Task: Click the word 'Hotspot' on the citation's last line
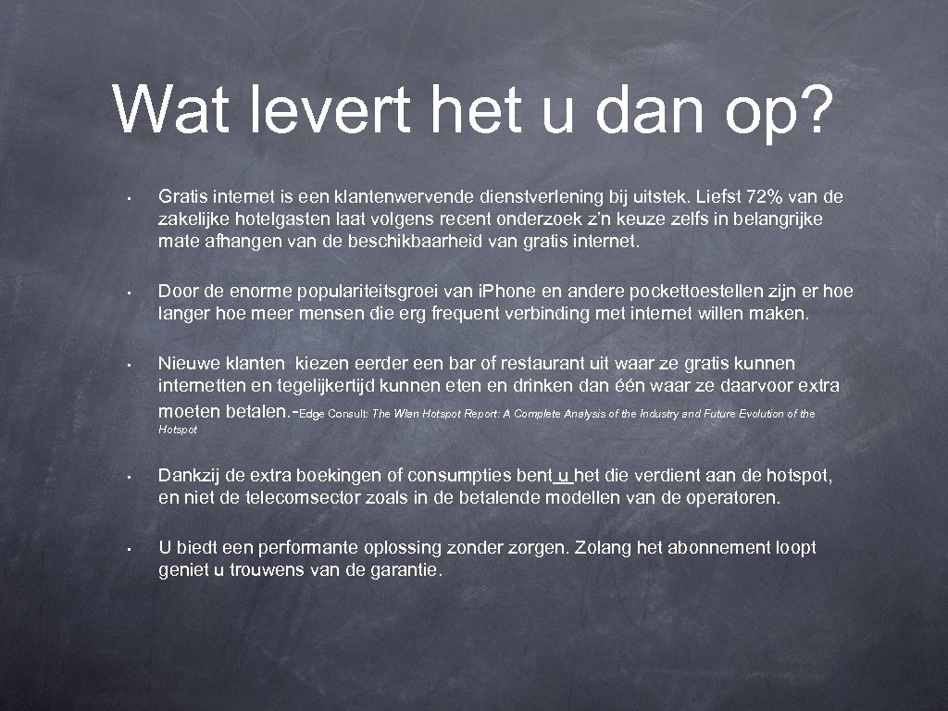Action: tap(178, 430)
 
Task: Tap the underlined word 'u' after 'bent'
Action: tap(564, 476)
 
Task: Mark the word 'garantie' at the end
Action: tap(405, 570)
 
